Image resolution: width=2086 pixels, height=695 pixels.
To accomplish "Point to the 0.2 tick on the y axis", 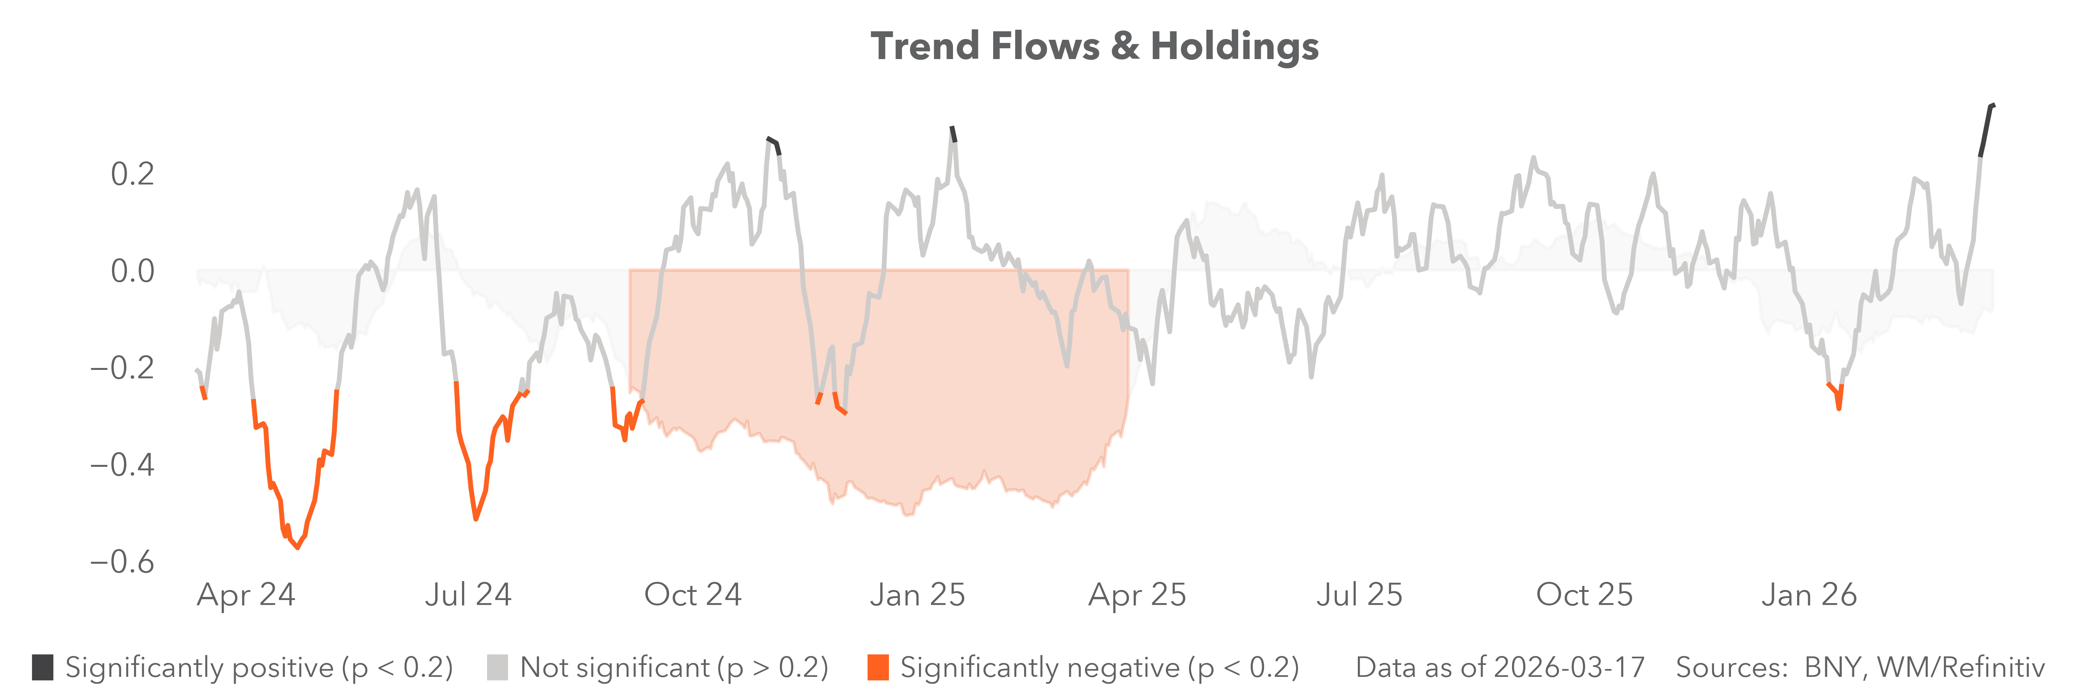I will (132, 174).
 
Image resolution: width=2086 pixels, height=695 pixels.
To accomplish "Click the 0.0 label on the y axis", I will (132, 271).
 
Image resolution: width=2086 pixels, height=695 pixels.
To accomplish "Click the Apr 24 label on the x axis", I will (246, 595).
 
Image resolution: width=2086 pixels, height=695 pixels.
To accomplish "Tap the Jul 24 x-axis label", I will (468, 595).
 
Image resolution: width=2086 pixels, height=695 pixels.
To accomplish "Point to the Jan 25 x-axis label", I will (917, 595).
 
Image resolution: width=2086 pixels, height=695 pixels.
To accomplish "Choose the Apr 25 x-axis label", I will (1137, 595).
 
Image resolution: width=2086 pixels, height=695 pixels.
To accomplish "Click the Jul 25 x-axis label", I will (1359, 595).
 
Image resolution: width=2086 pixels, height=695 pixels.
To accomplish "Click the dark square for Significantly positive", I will (43, 668).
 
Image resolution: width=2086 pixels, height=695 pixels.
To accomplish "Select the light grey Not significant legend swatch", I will (497, 668).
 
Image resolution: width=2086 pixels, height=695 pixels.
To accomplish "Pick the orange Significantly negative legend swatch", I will (878, 668).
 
